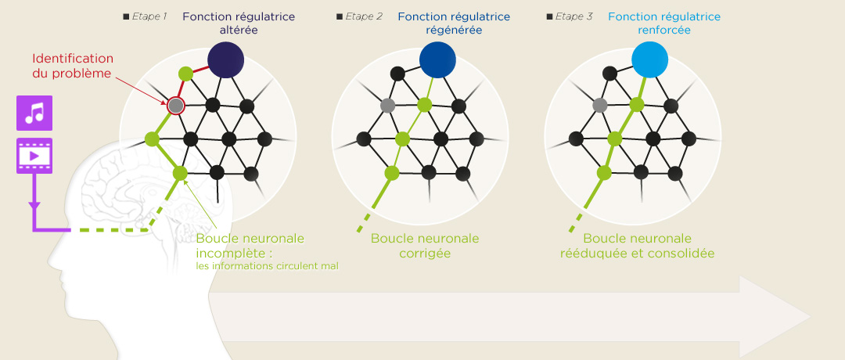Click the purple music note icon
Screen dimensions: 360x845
click(34, 113)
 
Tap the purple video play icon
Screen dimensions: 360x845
click(34, 156)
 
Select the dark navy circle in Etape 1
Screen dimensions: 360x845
click(226, 59)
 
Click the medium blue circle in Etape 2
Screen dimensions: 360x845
click(437, 59)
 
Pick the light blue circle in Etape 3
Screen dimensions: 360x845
click(649, 59)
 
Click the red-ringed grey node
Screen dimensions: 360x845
click(176, 105)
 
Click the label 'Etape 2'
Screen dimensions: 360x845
click(362, 16)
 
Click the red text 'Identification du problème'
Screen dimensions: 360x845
click(73, 67)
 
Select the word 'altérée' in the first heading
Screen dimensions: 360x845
click(239, 31)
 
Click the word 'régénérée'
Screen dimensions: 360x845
click(454, 31)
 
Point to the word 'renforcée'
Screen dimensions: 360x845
click(664, 31)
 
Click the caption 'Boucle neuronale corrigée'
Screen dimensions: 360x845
click(425, 246)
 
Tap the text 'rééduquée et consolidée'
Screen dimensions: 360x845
click(637, 254)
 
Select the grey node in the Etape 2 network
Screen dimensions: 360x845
click(387, 105)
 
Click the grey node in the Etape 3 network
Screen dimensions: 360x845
click(600, 105)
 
